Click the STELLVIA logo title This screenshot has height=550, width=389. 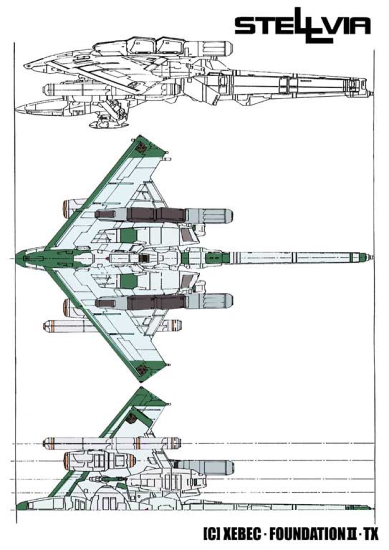coord(302,25)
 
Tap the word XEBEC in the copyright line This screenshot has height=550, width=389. coord(242,534)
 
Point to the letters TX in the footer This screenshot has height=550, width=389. coord(371,534)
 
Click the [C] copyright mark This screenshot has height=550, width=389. coord(212,534)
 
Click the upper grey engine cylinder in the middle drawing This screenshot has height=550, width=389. coord(208,216)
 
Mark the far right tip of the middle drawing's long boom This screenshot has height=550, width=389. coord(373,258)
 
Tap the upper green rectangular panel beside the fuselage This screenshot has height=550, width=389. coord(128,236)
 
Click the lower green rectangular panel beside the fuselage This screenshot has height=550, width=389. coord(128,281)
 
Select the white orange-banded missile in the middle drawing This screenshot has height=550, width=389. coord(112,326)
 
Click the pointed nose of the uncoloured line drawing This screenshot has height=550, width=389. coord(25,66)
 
